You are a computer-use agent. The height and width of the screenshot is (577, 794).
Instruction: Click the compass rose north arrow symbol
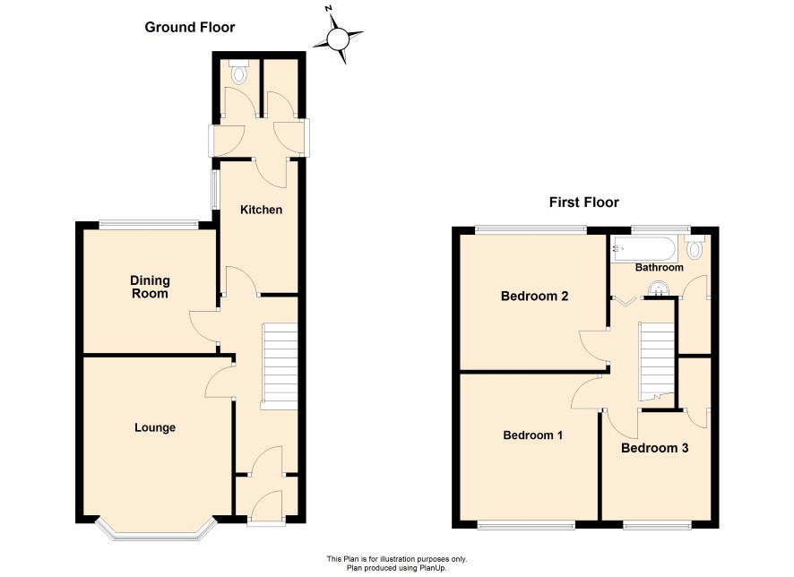point(338,39)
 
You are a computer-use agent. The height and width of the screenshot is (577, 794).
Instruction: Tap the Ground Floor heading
point(190,28)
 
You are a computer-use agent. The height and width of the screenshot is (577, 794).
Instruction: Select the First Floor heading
point(584,202)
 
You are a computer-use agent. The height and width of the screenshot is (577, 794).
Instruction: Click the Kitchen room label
point(261,210)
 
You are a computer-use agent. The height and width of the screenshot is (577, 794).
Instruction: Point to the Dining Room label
point(150,287)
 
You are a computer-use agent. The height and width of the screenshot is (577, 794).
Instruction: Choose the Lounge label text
point(155,427)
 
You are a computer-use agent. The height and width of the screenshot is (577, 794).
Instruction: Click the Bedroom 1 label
point(532,435)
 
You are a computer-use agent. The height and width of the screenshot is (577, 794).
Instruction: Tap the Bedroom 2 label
point(534,296)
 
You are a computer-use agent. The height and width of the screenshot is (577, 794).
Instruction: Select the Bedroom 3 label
point(655,448)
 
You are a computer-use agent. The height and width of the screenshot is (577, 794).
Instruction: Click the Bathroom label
point(660,267)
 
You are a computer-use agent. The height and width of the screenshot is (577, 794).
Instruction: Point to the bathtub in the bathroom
point(643,248)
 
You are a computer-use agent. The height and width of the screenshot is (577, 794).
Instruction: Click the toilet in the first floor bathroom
point(695,246)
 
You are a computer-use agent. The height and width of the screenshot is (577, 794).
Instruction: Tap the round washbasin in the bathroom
point(659,289)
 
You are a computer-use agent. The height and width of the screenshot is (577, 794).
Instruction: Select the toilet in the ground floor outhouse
point(238,72)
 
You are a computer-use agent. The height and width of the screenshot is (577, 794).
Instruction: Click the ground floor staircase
point(279,367)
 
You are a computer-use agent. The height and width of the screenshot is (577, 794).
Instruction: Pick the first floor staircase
point(657,361)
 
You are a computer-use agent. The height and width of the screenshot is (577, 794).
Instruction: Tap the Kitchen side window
point(215,189)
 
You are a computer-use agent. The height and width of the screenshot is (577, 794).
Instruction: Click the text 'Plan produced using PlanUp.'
point(396,568)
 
